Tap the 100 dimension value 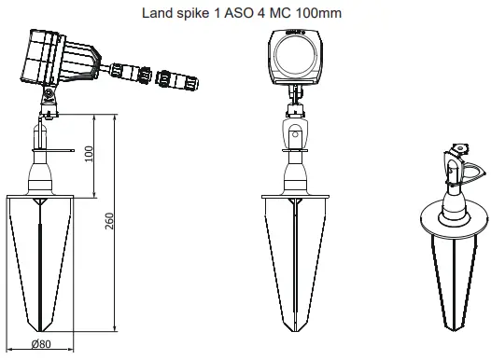pyautogui.click(x=90, y=153)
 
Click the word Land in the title pyautogui.click(x=156, y=14)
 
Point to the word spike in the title pyautogui.click(x=193, y=14)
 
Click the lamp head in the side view pyautogui.click(x=47, y=55)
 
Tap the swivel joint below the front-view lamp pyautogui.click(x=295, y=131)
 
